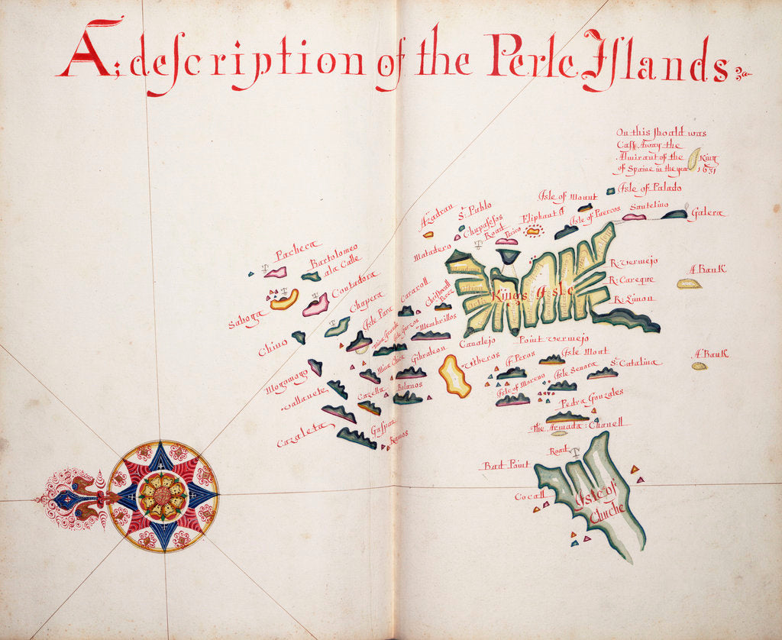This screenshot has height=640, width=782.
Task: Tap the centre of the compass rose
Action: (162, 496)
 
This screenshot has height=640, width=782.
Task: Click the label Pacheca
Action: (294, 255)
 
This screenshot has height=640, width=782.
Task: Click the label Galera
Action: (706, 214)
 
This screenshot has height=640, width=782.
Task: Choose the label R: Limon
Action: (633, 299)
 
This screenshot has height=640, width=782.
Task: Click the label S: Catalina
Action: (635, 362)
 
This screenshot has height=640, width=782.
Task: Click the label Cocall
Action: (529, 496)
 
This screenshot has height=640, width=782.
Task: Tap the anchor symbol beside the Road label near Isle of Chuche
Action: (575, 452)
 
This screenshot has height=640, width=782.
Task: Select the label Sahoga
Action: (247, 319)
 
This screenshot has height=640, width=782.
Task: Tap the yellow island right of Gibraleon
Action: (454, 376)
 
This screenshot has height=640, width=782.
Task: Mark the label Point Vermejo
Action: (554, 338)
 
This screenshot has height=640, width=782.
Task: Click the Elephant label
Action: (541, 216)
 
